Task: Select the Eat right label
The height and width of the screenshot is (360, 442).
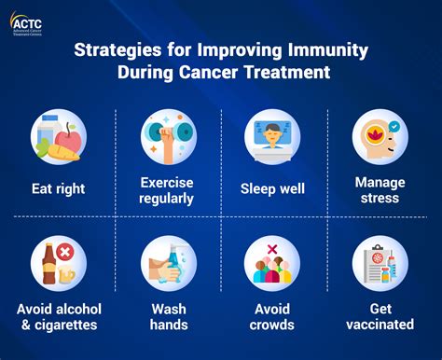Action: (59, 188)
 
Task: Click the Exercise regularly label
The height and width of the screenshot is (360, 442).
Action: (168, 189)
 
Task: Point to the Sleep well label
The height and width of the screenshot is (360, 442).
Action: (273, 188)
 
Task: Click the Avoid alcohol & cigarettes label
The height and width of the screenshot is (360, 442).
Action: (59, 318)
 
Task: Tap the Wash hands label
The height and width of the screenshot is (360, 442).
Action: (168, 318)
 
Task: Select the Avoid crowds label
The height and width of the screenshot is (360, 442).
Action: (273, 318)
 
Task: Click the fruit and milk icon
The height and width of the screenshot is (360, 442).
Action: (59, 138)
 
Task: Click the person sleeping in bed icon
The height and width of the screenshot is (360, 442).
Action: (273, 136)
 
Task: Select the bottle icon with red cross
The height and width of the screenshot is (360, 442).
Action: (59, 264)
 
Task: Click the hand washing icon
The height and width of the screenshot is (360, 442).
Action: (168, 264)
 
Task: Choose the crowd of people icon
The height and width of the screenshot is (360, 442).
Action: (273, 264)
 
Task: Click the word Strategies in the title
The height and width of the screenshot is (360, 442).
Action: (115, 49)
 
